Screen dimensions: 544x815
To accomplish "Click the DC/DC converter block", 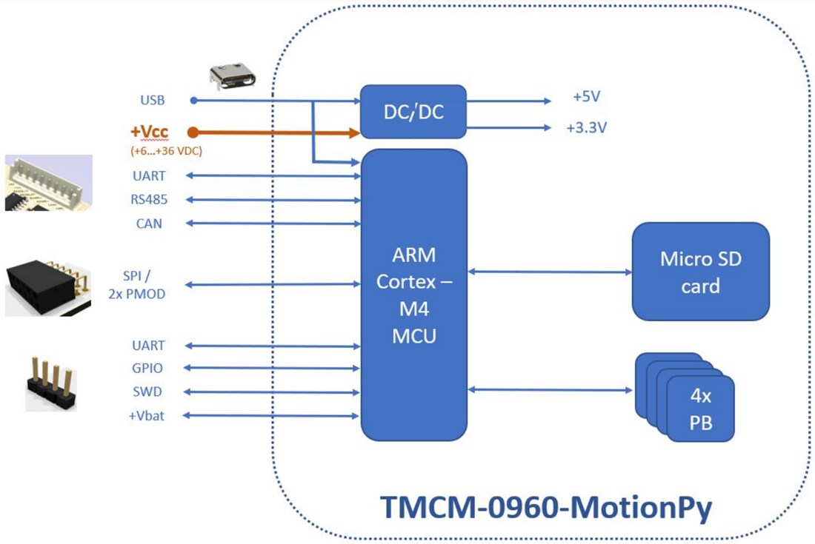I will pyautogui.click(x=413, y=112).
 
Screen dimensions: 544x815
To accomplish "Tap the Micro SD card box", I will pyautogui.click(x=700, y=272).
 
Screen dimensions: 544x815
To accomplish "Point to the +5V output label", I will pyautogui.click(x=587, y=97).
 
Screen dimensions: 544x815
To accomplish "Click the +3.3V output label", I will pyautogui.click(x=587, y=127).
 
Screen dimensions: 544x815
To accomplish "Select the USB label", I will pyautogui.click(x=153, y=100).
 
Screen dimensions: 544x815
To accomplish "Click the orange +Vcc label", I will pyautogui.click(x=149, y=132).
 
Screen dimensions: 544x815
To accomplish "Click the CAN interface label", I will pyautogui.click(x=149, y=223).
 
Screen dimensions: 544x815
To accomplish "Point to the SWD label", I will pyautogui.click(x=148, y=392).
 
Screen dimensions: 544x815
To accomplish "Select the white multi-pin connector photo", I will pyautogui.click(x=49, y=183).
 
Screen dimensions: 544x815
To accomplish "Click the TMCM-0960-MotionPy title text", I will pyautogui.click(x=546, y=508).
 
